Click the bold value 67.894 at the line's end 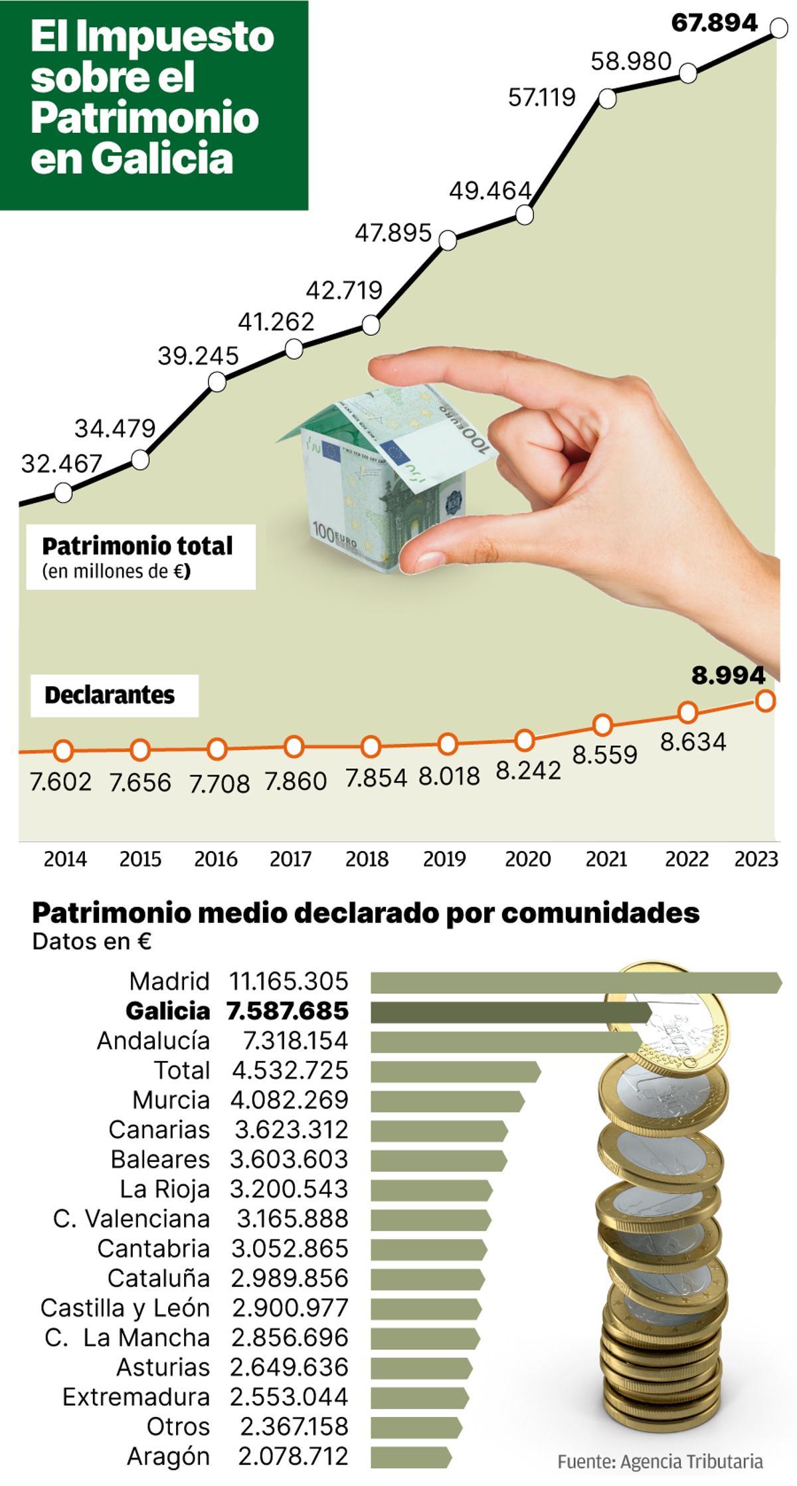(x=714, y=23)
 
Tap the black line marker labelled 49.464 (x=524, y=215)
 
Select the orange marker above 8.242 (x=525, y=739)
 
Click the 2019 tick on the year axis (x=444, y=859)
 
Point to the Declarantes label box (x=114, y=696)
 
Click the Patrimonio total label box (x=140, y=557)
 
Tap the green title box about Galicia (x=153, y=105)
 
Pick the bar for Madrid (x=575, y=982)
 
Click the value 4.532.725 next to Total (x=290, y=1070)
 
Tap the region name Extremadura (x=136, y=1396)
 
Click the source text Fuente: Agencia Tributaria (x=660, y=1461)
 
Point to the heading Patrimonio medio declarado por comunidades (x=365, y=913)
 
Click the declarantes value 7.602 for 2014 (x=61, y=782)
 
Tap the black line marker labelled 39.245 (x=217, y=382)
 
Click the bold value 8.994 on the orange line (x=729, y=676)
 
